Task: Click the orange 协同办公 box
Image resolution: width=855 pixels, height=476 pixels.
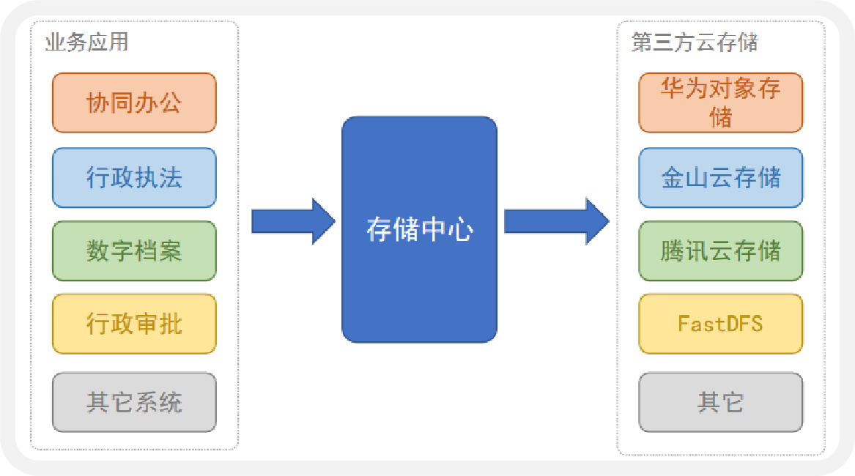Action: tap(134, 103)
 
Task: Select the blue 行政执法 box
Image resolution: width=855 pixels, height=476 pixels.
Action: tap(134, 178)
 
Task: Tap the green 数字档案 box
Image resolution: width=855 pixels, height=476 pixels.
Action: tap(134, 251)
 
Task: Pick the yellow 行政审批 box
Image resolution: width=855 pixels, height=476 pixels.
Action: tap(134, 324)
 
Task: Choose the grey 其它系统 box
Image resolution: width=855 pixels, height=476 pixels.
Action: tap(134, 402)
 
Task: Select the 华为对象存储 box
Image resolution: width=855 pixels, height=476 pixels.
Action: tap(720, 103)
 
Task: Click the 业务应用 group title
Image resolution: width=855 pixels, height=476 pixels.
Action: tap(86, 42)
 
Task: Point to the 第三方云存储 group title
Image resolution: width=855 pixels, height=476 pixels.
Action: tap(694, 42)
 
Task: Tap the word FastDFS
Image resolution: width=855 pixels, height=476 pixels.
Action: tap(720, 324)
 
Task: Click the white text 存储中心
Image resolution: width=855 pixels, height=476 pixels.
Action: tap(419, 230)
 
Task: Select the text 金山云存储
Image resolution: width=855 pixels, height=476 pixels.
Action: tap(721, 178)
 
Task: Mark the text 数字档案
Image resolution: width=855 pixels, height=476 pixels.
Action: tap(134, 251)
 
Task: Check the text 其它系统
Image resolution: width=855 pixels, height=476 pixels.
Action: tap(134, 402)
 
